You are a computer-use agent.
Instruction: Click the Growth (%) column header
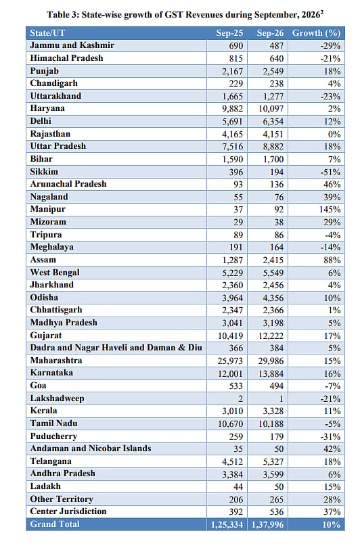coord(316,33)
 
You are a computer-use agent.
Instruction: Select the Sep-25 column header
coord(229,33)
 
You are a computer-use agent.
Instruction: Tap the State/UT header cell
coord(47,33)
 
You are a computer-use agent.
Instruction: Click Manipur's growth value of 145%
coord(330,210)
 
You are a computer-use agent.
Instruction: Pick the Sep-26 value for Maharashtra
coord(271,361)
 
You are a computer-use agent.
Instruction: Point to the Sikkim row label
coord(44,171)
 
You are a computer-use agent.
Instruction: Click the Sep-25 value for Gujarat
coord(230,336)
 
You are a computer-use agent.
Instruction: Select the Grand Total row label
coord(55,524)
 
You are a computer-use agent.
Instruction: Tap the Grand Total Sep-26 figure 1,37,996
coord(267,524)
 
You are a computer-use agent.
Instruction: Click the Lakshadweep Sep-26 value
coord(281,398)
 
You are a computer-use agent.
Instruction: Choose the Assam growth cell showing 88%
coord(332,260)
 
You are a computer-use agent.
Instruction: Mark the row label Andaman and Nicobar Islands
coord(91,448)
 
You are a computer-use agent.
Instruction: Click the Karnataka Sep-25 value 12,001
coord(230,373)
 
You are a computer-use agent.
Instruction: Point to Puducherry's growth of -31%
coord(330,436)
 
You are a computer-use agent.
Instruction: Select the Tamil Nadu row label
coord(53,423)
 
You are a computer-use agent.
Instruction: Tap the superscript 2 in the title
coord(322,11)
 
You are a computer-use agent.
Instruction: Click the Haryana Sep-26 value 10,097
coord(271,109)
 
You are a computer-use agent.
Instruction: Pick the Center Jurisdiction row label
coord(68,511)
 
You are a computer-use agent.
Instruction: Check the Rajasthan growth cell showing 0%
coord(334,134)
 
